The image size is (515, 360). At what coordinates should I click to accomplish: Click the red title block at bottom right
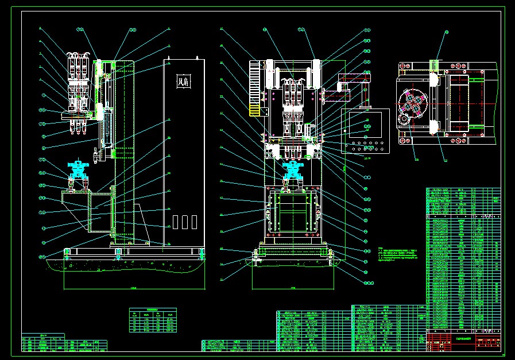pyautogui.click(x=489, y=343)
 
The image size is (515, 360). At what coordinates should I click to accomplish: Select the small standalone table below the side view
pyautogui.click(x=153, y=320)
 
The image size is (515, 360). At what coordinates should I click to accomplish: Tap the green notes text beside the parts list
pyautogui.click(x=401, y=256)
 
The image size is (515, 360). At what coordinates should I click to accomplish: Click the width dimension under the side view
pyautogui.click(x=133, y=287)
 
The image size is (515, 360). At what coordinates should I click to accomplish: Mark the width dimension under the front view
pyautogui.click(x=293, y=287)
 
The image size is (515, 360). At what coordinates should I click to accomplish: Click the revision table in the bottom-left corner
pyautogui.click(x=64, y=344)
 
